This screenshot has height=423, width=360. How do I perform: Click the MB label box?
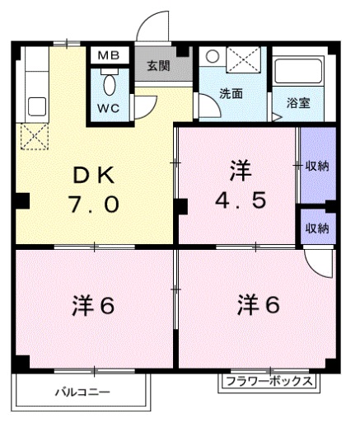tap(108, 55)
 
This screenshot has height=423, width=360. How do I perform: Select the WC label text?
tap(108, 108)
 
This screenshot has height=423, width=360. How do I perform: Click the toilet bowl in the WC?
tap(109, 84)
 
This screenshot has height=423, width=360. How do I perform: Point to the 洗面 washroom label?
tap(231, 94)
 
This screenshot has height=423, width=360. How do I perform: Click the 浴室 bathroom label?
tap(297, 104)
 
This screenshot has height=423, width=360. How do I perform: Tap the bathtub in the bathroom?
tap(300, 74)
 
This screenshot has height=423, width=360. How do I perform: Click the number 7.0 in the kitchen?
tap(96, 203)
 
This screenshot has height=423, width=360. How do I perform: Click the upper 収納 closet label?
tap(317, 166)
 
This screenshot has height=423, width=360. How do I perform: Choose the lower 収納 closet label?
tap(317, 227)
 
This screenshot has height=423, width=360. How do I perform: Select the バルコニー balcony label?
tap(82, 391)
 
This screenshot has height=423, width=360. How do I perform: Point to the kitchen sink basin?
tap(36, 106)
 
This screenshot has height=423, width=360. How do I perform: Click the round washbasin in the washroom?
tap(212, 58)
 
